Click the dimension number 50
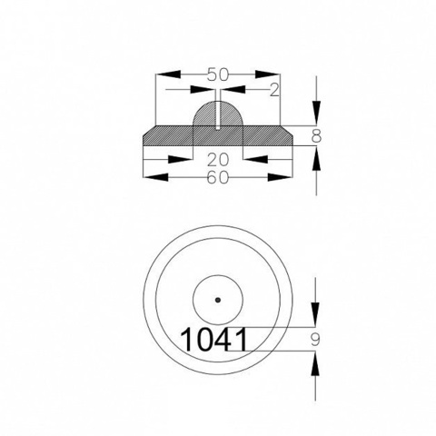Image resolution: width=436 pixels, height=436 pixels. (x=218, y=74)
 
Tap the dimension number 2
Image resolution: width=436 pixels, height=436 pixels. (x=274, y=90)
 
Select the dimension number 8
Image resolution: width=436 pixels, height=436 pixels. (x=316, y=136)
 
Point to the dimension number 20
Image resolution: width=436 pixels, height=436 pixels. (x=218, y=160)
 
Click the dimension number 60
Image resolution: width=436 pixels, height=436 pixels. (x=218, y=178)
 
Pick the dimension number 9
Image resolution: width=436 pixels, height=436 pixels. (x=315, y=340)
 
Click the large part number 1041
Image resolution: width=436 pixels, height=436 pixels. (x=213, y=340)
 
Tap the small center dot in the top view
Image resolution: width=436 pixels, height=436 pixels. (x=218, y=300)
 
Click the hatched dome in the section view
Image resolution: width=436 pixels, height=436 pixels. (x=218, y=114)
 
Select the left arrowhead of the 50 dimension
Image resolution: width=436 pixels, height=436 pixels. (x=168, y=74)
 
